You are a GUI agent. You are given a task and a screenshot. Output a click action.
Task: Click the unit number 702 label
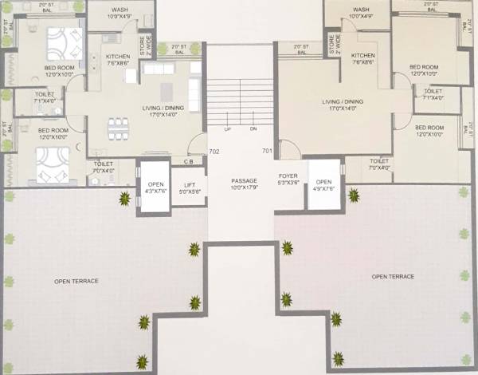214,151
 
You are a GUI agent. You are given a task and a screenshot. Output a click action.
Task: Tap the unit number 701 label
267,151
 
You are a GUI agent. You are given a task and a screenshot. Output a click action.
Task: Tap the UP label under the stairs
228,128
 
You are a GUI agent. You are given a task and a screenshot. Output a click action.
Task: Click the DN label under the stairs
253,128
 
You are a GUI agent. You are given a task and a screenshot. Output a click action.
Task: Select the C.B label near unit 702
188,162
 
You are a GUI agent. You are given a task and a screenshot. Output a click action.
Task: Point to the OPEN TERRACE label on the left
76,281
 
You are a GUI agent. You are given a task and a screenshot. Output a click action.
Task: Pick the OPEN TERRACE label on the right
394,276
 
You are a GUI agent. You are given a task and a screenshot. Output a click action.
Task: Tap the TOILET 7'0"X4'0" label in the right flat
380,164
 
